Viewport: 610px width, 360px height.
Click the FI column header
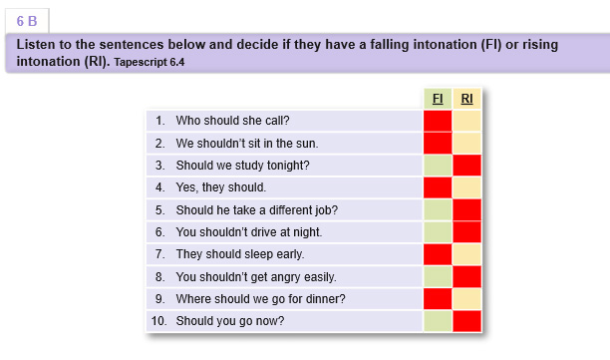438,99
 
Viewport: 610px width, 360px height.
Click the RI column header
466,99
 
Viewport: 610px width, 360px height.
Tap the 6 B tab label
27,21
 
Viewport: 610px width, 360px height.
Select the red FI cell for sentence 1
438,121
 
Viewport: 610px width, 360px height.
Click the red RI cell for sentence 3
466,166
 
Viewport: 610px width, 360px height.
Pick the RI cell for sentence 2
466,144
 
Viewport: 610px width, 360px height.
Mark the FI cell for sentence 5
438,210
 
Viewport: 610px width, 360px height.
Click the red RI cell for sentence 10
466,321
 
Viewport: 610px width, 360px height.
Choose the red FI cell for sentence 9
438,299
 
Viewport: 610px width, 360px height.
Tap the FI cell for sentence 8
438,276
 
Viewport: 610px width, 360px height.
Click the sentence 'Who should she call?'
232,121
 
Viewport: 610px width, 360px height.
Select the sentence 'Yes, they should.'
221,187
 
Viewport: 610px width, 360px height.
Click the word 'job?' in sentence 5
326,210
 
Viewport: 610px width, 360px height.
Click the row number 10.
158,321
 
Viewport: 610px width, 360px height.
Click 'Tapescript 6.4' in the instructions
149,62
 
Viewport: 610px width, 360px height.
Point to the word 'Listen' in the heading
36,44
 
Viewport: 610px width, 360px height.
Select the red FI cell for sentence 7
438,254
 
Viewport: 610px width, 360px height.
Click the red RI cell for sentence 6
466,232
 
